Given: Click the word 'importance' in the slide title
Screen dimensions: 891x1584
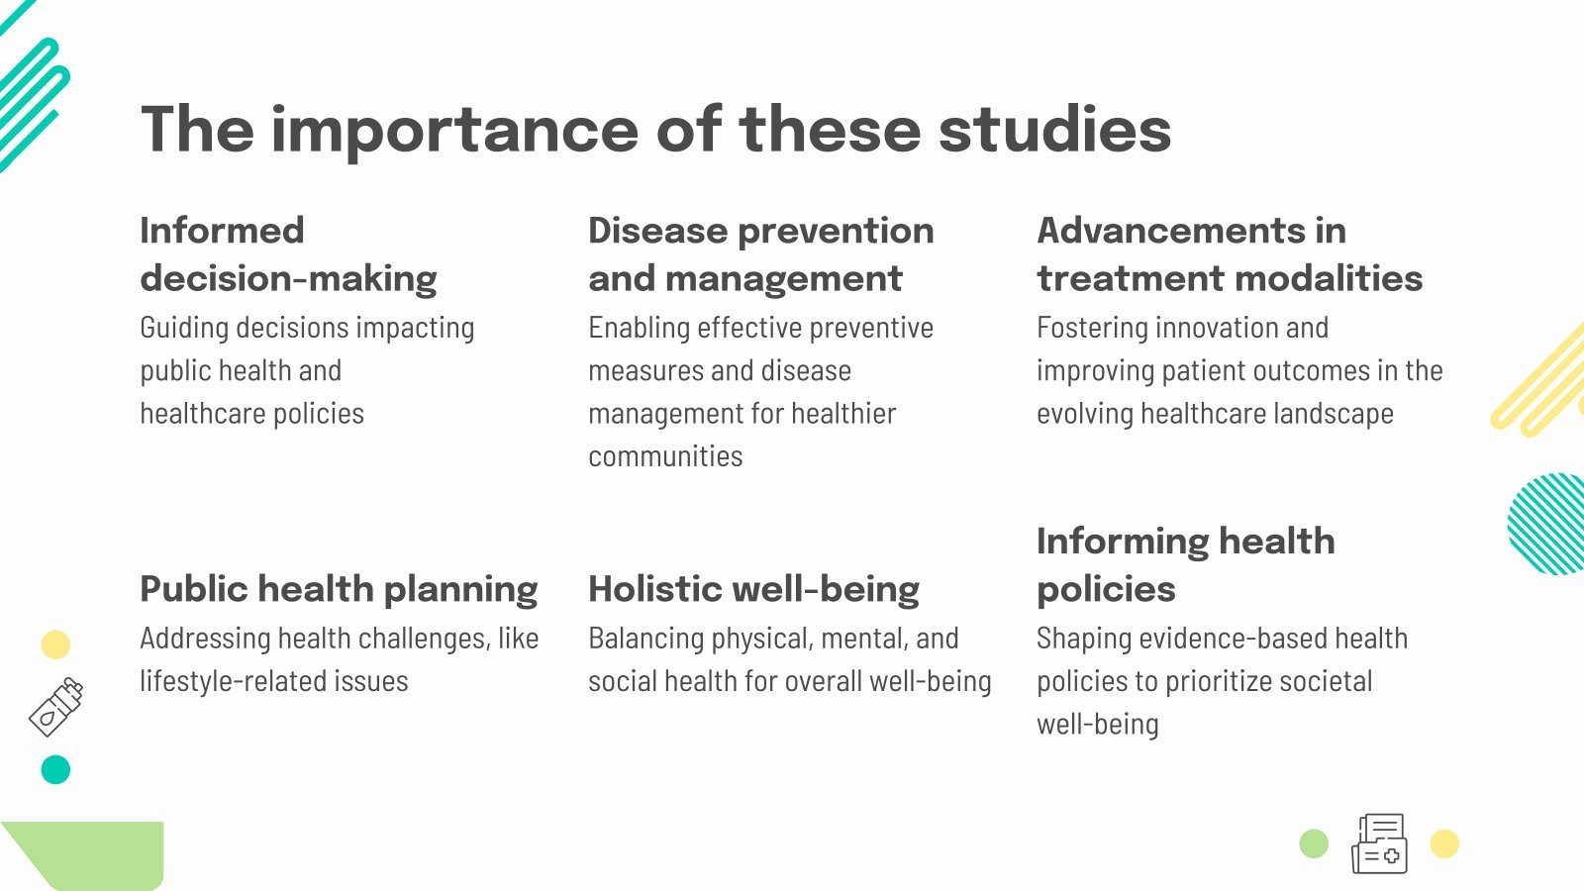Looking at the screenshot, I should [454, 130].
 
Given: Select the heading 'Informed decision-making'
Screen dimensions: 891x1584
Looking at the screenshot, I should [288, 254].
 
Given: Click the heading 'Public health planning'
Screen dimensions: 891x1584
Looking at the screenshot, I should [339, 589].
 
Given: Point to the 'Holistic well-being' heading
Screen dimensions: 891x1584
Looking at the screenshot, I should [753, 589].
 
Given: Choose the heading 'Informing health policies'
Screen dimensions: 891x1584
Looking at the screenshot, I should [1185, 565].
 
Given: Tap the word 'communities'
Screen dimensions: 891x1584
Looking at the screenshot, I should [665, 456].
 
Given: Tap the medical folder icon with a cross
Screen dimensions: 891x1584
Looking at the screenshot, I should [1379, 843].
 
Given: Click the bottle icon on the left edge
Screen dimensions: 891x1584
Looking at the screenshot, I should [56, 707].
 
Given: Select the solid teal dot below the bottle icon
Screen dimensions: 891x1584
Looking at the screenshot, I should [55, 769].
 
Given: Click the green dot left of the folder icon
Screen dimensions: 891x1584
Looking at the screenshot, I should [1314, 844].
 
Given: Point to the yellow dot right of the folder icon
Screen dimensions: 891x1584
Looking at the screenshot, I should [1444, 843].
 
